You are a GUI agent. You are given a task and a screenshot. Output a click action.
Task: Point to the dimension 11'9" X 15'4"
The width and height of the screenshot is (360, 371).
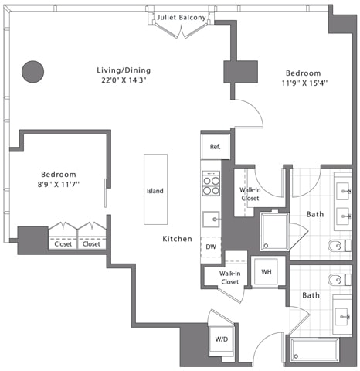303,82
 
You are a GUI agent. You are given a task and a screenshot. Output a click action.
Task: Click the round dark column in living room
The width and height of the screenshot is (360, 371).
32,72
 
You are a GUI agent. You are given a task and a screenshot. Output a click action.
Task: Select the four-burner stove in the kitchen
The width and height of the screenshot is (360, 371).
211,184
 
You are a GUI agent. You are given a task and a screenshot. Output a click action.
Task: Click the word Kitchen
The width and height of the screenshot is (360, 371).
177,240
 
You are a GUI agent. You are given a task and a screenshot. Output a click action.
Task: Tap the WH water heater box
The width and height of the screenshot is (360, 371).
266,272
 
